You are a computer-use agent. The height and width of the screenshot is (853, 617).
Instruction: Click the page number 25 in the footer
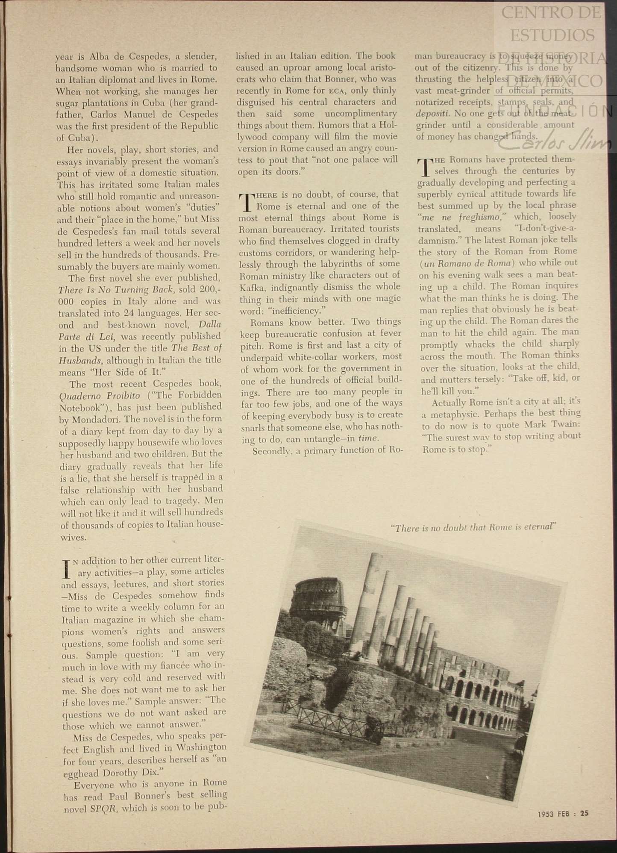[584, 813]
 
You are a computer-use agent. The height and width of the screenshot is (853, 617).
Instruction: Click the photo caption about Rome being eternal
[473, 527]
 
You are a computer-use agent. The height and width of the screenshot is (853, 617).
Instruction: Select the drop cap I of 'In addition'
[66, 568]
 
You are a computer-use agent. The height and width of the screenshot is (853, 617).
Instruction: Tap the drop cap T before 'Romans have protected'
[424, 167]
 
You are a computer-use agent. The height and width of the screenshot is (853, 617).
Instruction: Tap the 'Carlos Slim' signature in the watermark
[555, 142]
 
